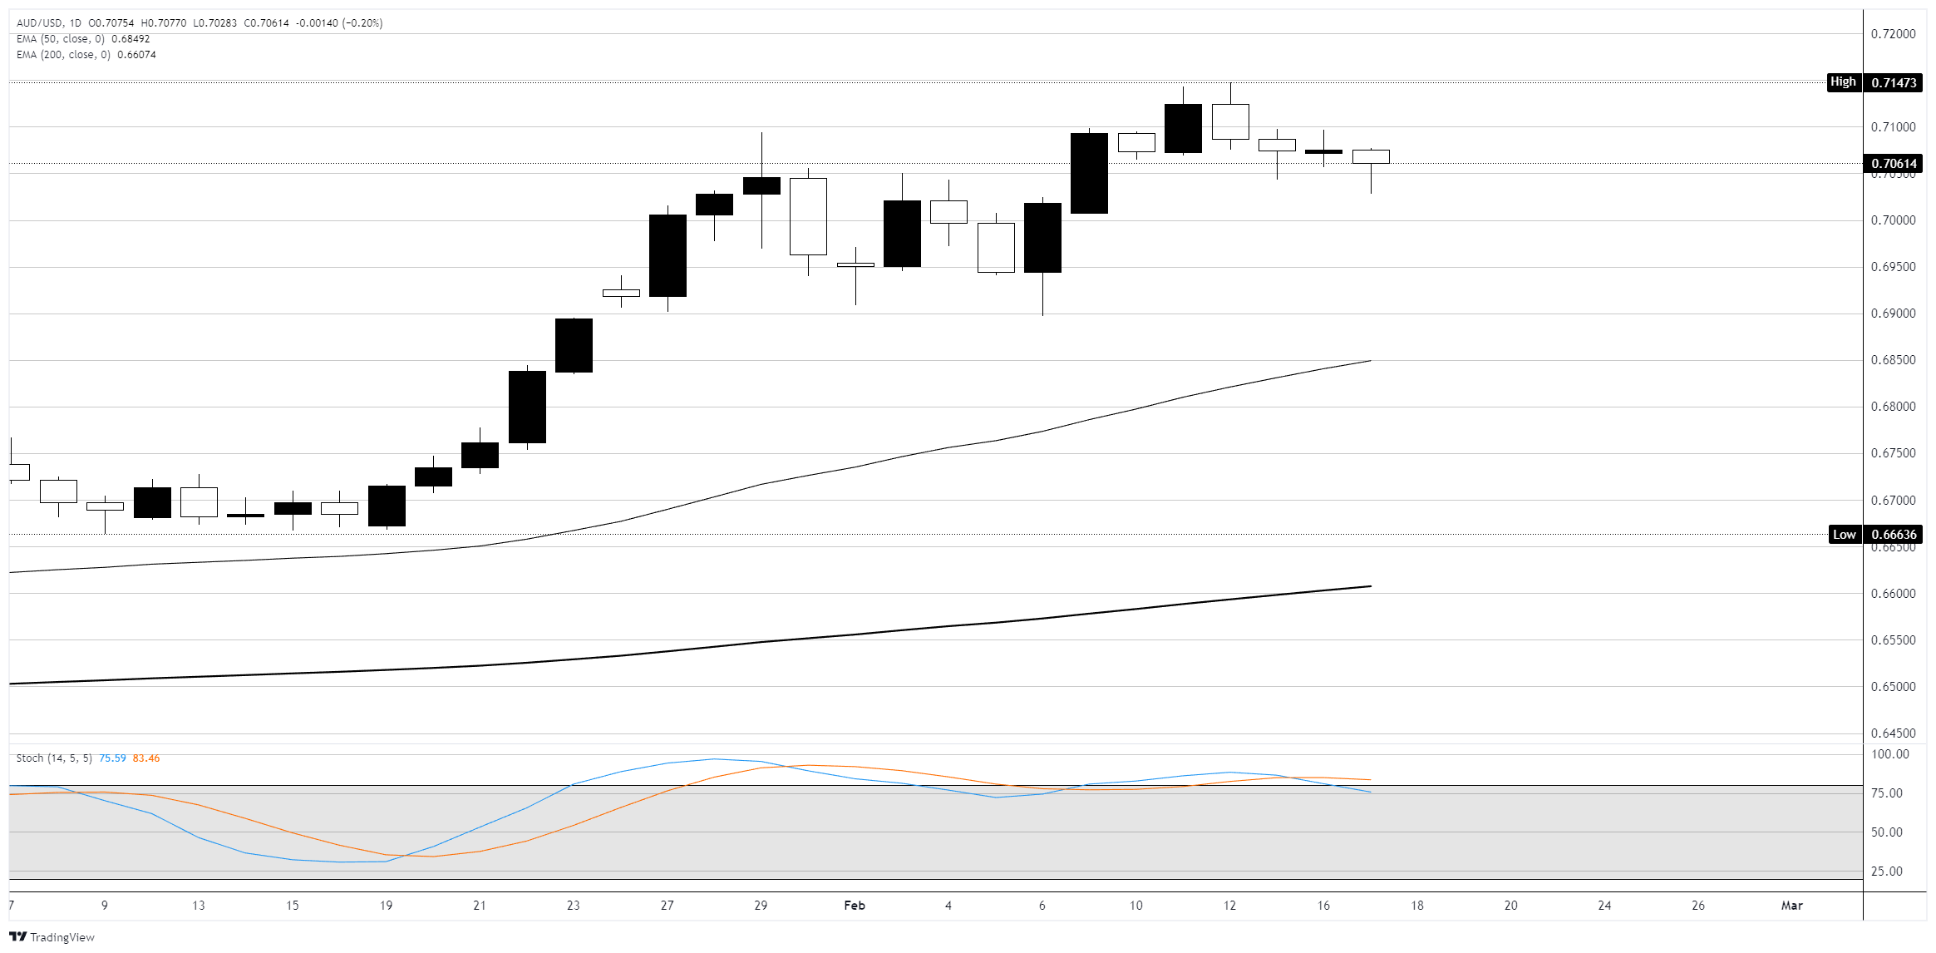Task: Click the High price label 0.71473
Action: [1894, 82]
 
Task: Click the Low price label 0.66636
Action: [1894, 535]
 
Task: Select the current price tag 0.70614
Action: [1894, 164]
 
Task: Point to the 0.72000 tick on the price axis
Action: [1893, 34]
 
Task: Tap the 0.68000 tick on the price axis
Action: [1893, 407]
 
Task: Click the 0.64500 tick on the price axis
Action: [1893, 733]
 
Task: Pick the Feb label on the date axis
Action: [855, 906]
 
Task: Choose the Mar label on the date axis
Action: [1791, 906]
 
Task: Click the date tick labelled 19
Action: [386, 906]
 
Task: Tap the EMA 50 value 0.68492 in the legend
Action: [131, 39]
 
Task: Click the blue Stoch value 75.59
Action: [112, 758]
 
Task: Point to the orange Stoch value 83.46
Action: [146, 758]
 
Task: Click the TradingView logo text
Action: [62, 937]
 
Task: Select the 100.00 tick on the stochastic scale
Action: [1889, 754]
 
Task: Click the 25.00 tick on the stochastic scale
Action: [1886, 872]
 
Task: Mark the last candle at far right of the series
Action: [1371, 157]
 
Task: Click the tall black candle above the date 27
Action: [668, 255]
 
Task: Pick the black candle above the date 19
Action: [387, 506]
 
